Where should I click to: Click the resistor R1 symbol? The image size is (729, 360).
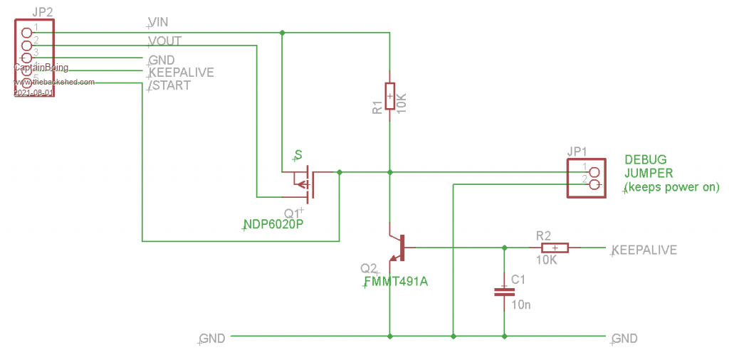pos(389,96)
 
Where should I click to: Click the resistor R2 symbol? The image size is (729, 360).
pos(555,248)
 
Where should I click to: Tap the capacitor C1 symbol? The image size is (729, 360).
pos(504,291)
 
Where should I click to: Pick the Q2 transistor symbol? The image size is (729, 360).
pos(397,248)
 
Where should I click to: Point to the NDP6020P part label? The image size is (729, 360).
pos(273,225)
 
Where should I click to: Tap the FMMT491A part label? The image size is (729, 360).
pos(396,282)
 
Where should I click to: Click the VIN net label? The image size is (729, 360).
pos(159,23)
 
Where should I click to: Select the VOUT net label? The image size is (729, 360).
pos(165,41)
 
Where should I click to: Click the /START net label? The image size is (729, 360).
pos(169,85)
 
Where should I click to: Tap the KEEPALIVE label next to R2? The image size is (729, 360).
pos(644,250)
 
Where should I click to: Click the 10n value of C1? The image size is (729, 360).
pos(521,305)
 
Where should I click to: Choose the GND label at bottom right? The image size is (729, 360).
pos(624,339)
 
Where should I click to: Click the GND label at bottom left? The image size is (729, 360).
pos(212,339)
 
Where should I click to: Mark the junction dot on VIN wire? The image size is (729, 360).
pos(283,33)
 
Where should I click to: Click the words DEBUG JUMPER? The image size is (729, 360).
pos(649,166)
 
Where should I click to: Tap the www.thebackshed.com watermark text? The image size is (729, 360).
pos(54,82)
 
